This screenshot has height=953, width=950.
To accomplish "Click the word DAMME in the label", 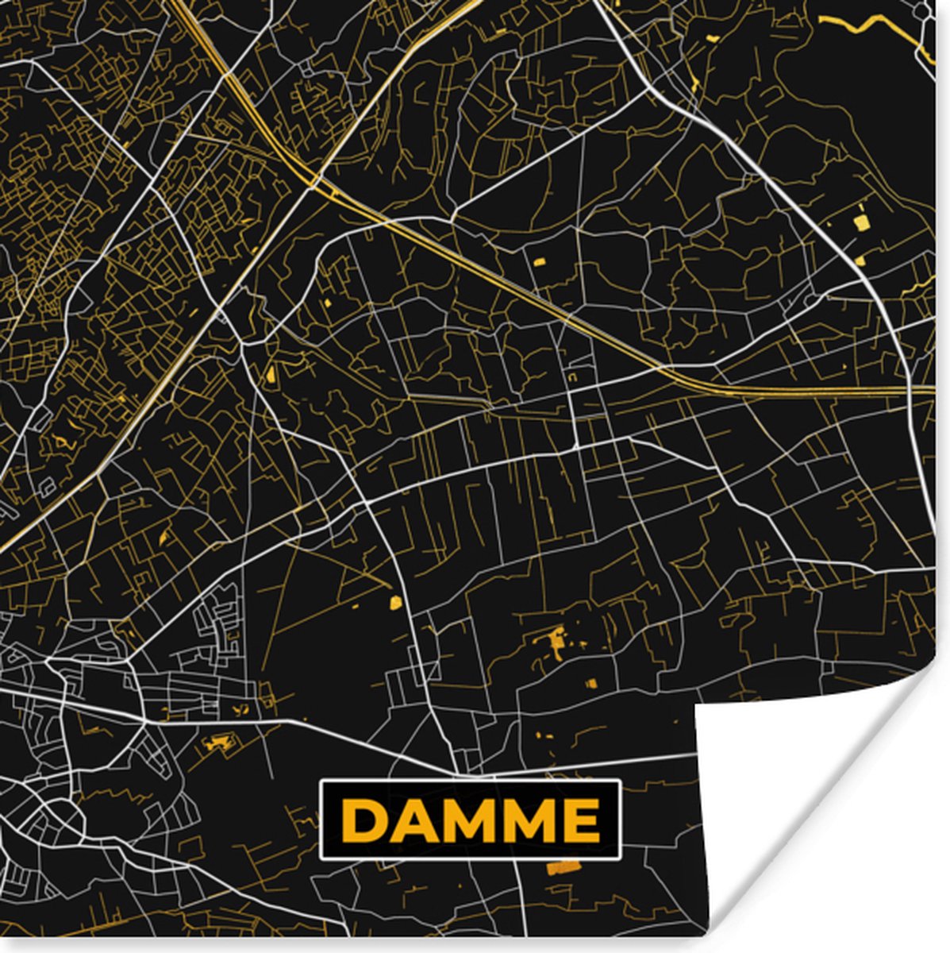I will click(470, 820).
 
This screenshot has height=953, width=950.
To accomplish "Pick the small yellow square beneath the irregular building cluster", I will click(590, 682).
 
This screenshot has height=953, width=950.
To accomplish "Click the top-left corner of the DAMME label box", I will click(321, 782).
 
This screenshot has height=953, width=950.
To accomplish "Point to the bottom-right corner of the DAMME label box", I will click(619, 857).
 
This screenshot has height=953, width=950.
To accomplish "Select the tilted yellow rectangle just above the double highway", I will click(540, 261).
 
